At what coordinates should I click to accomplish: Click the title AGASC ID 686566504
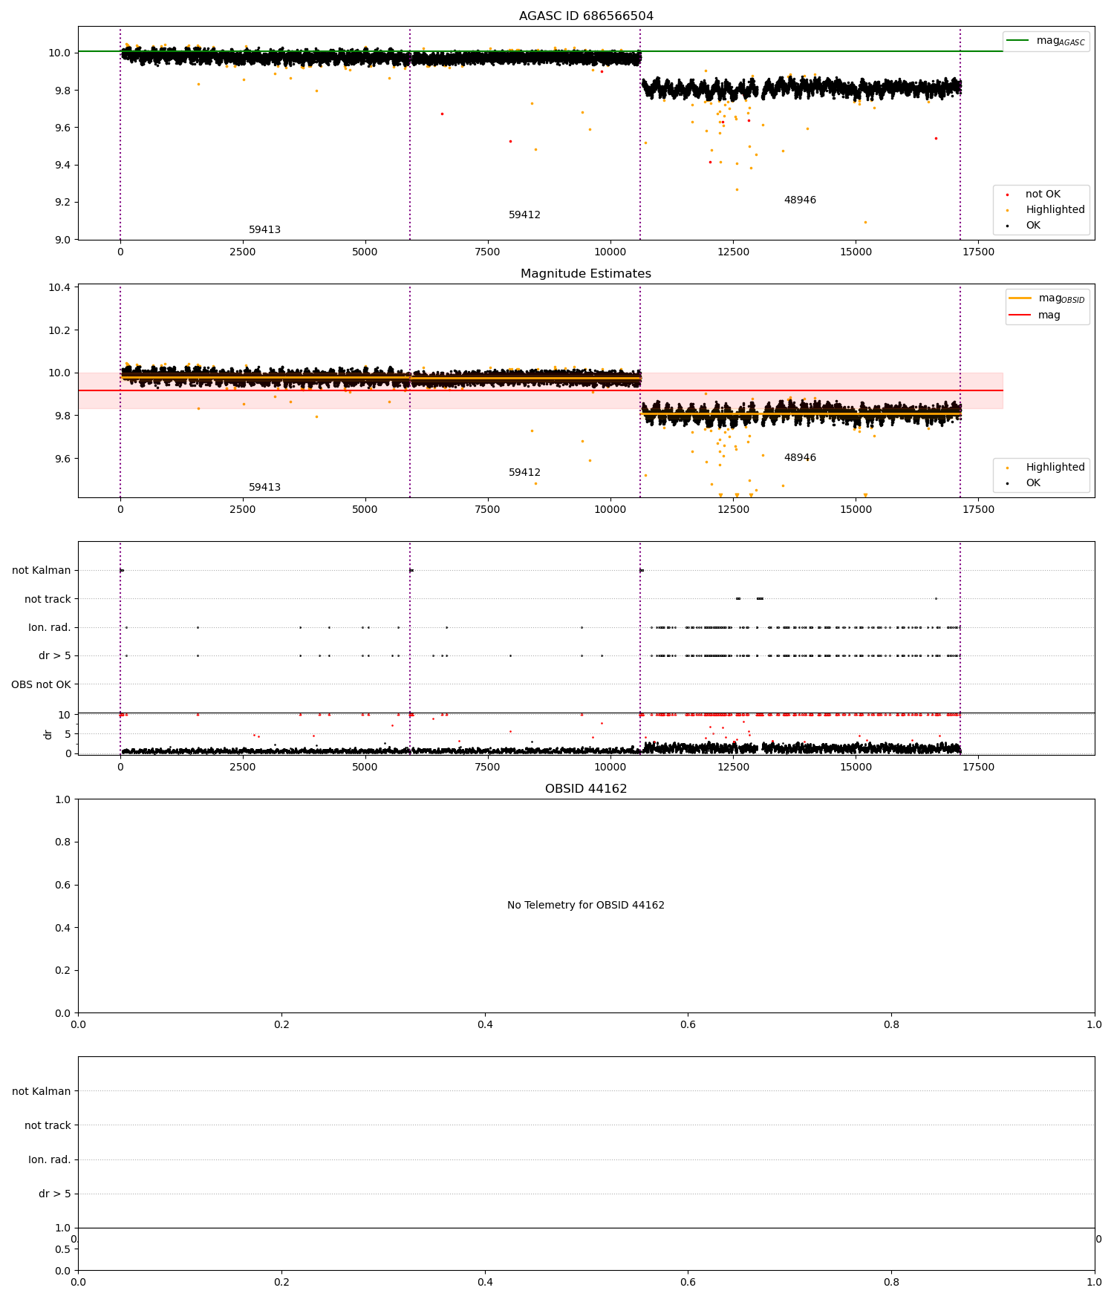click(586, 16)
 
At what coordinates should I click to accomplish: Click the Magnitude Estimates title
click(586, 274)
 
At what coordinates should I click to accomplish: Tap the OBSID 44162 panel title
click(586, 789)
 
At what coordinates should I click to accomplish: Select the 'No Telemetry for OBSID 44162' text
click(586, 906)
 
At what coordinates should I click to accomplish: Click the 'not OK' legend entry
click(1043, 194)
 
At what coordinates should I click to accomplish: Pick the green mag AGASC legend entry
click(1047, 41)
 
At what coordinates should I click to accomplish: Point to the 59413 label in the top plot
click(264, 230)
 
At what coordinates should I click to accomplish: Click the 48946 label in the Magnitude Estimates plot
click(800, 458)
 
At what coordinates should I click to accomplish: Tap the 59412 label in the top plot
click(524, 215)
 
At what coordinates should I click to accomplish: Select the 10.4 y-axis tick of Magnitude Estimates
click(61, 287)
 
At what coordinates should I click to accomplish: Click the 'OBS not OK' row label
click(42, 684)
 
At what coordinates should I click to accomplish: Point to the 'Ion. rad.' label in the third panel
click(50, 628)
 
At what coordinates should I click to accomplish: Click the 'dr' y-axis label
click(48, 734)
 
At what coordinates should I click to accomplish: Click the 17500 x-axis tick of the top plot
click(978, 252)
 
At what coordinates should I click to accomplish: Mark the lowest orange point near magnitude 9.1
click(865, 222)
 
